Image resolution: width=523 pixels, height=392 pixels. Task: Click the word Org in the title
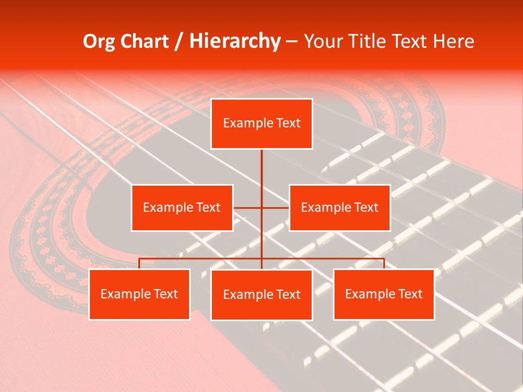99,41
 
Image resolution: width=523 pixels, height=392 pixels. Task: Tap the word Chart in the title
143,41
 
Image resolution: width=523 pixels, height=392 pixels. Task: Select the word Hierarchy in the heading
235,41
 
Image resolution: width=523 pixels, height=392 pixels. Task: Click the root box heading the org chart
261,124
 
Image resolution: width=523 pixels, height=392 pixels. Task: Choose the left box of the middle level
182,207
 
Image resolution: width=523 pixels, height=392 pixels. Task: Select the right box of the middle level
340,207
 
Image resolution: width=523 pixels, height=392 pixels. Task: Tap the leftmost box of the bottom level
139,295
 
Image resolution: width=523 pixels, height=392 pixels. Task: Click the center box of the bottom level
261,295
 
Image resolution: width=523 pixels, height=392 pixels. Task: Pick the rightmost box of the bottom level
384,295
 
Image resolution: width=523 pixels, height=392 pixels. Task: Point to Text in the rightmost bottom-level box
410,294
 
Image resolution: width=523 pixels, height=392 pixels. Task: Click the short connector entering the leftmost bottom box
139,264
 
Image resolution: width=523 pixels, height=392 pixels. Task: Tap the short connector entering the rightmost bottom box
384,264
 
